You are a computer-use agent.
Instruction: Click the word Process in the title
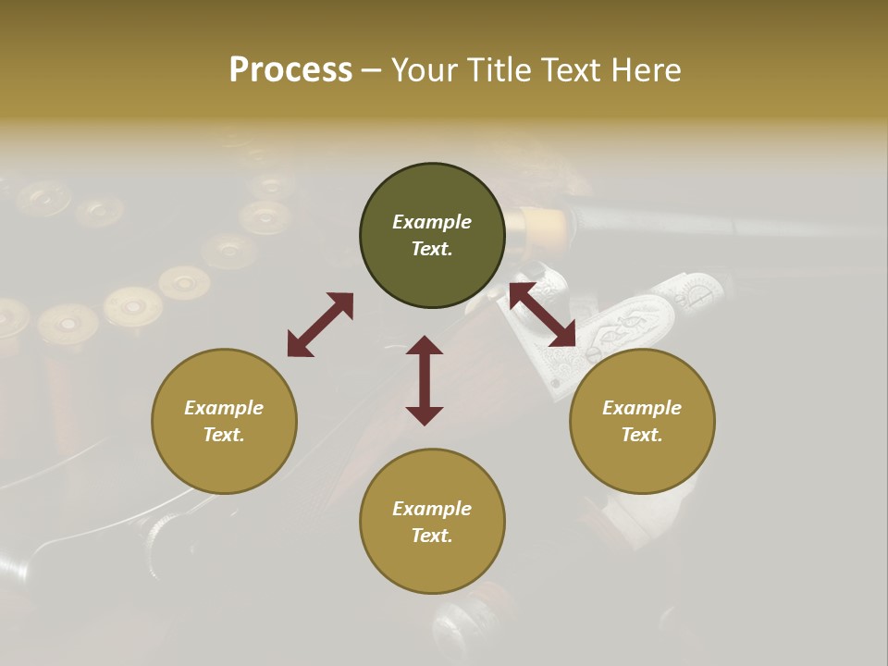coord(290,70)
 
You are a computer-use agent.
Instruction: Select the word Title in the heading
coord(498,70)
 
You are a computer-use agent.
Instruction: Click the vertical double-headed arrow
coord(425,380)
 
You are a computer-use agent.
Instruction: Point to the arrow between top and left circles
coord(320,324)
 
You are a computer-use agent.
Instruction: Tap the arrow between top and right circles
coord(543,314)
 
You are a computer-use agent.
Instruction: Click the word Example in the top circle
coord(432,222)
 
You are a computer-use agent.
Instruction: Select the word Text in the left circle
coord(223,435)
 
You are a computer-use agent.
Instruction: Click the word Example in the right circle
coord(642,408)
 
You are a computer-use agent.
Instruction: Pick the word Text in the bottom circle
coord(431,536)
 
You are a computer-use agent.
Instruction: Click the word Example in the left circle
coord(224,408)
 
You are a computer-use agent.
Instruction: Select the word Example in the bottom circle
coord(432,509)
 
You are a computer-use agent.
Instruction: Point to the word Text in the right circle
coord(641,435)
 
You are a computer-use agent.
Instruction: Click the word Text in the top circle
coord(431,249)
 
